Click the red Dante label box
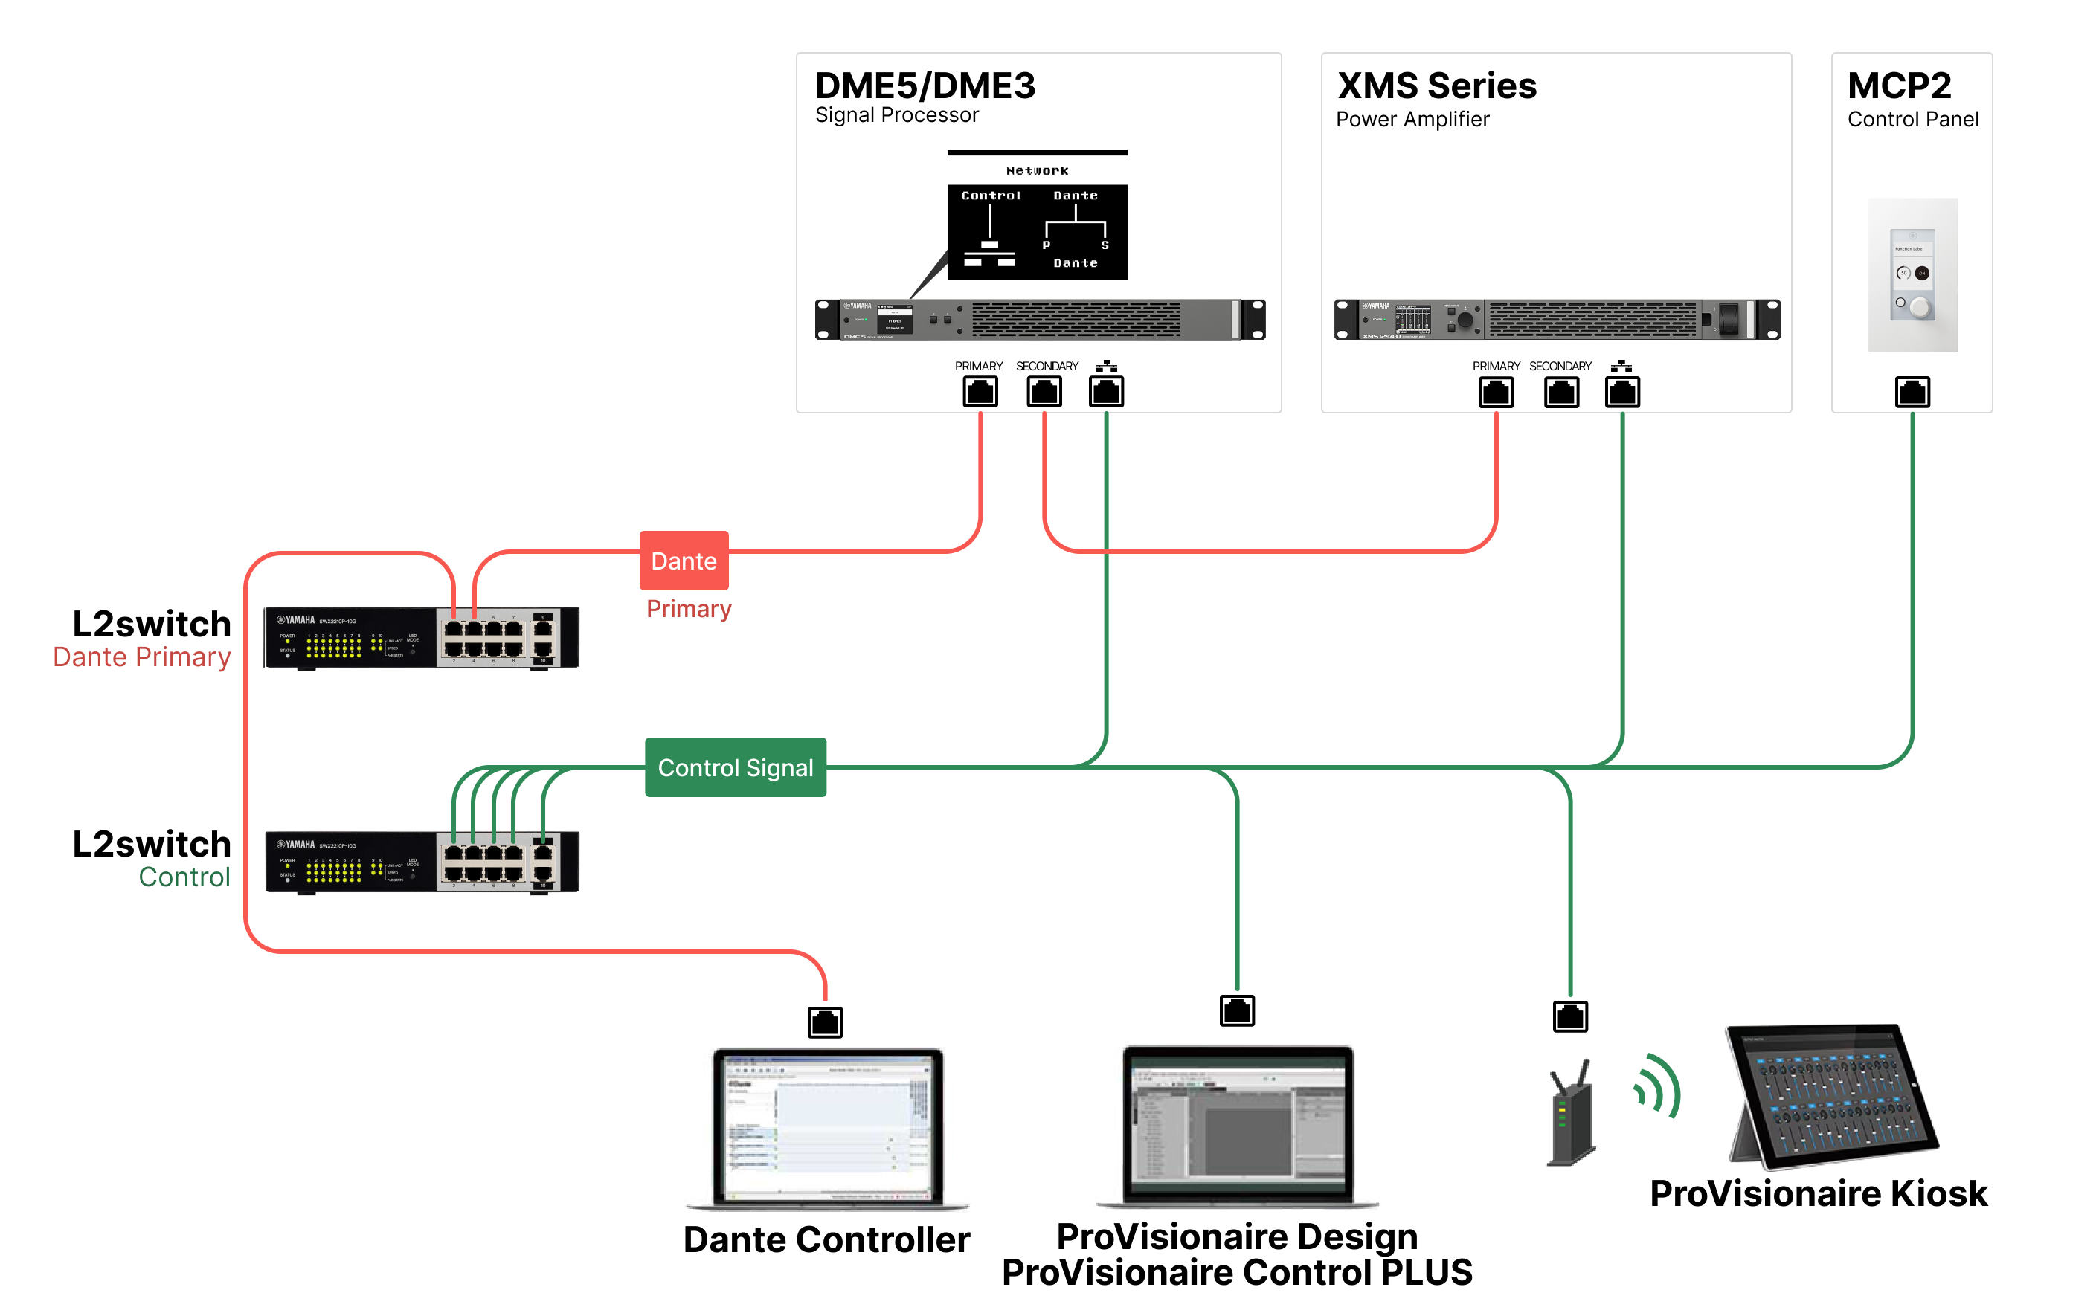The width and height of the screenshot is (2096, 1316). click(x=684, y=561)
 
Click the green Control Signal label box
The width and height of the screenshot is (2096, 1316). click(x=736, y=767)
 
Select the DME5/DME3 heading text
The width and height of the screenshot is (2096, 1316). click(x=925, y=86)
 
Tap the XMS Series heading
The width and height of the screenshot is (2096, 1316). click(x=1437, y=86)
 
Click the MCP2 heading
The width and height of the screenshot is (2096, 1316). click(x=1900, y=86)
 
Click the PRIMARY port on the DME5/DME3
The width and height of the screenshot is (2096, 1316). click(x=980, y=392)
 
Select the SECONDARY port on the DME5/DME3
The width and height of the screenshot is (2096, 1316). click(x=1044, y=392)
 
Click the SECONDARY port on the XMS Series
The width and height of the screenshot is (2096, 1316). click(x=1561, y=392)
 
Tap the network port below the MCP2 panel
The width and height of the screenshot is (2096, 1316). click(x=1912, y=392)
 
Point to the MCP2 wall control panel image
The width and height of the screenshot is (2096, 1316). click(x=1912, y=275)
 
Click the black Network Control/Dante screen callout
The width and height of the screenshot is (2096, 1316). click(x=1037, y=230)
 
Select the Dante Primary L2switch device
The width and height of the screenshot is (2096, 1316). click(x=421, y=638)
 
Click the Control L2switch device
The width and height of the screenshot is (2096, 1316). click(x=421, y=862)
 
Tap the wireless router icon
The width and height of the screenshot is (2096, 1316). click(x=1570, y=1114)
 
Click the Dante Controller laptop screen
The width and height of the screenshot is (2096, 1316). click(x=828, y=1126)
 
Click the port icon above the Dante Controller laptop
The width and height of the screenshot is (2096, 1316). click(x=825, y=1022)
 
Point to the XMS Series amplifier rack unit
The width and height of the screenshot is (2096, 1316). click(x=1557, y=320)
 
